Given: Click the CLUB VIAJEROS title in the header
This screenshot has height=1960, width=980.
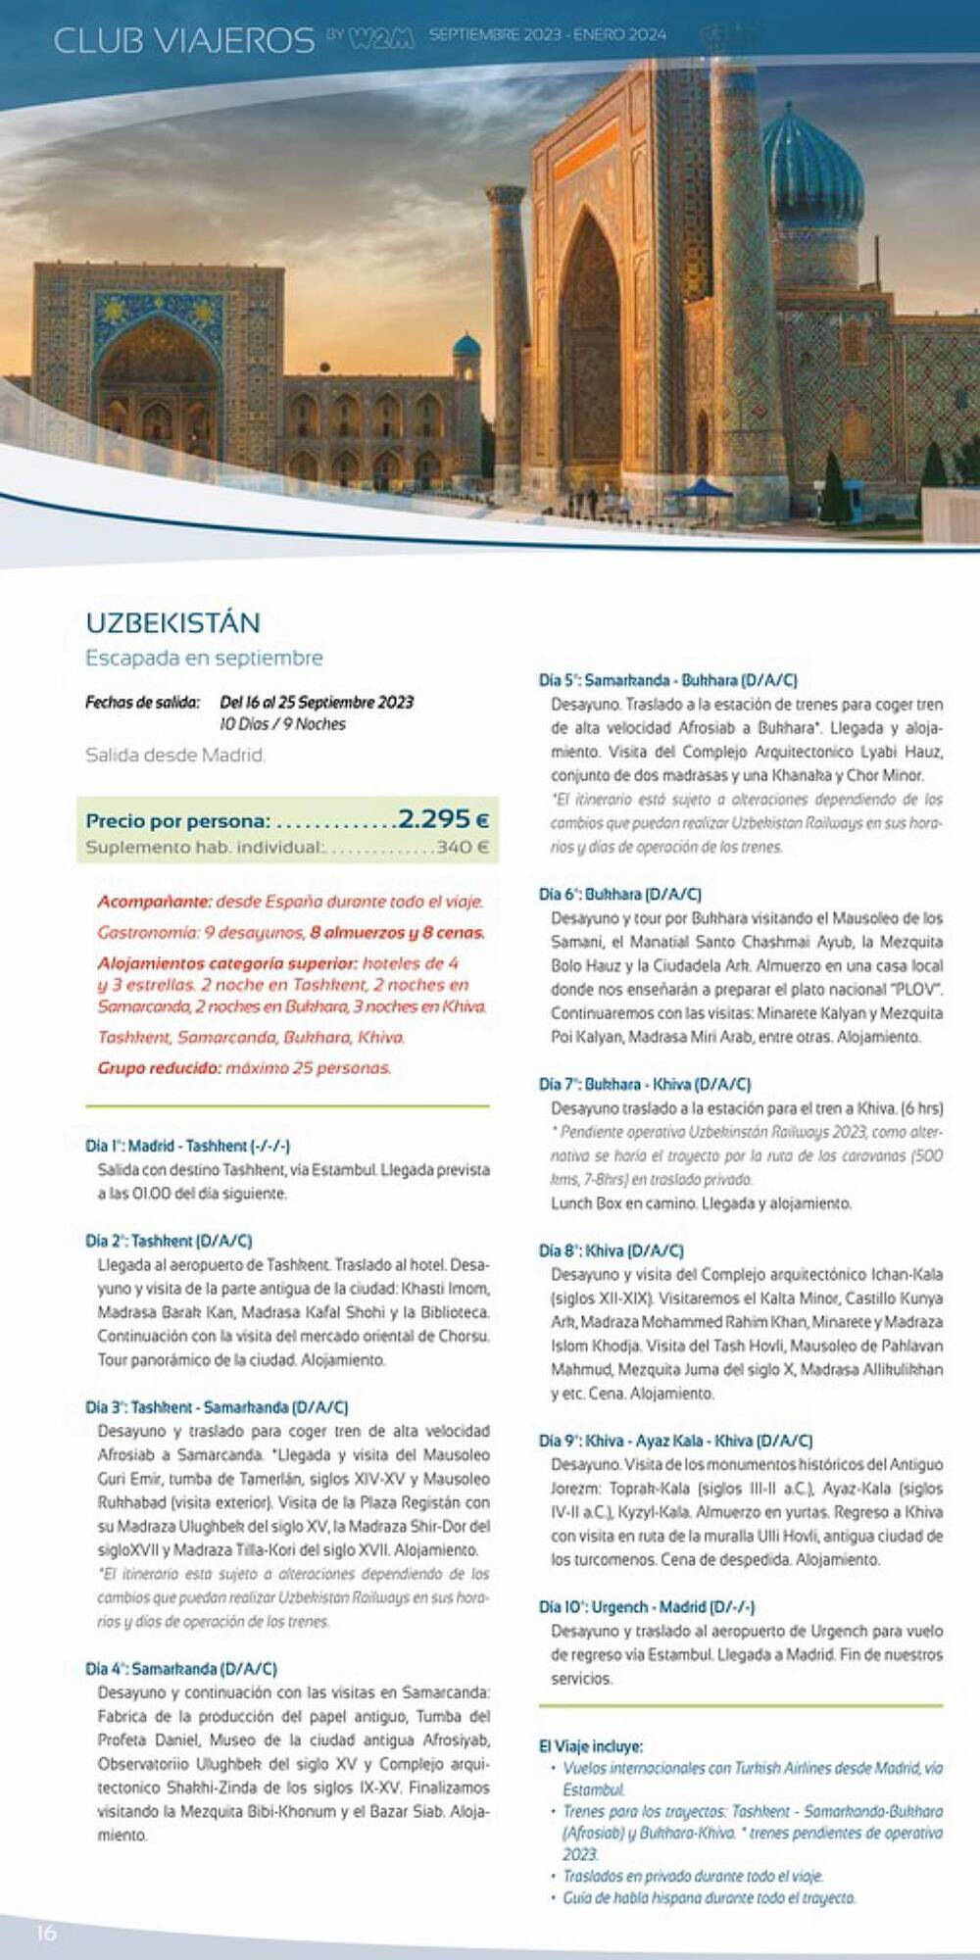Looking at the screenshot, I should pyautogui.click(x=183, y=40).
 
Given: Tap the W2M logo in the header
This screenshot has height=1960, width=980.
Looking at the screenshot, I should pyautogui.click(x=381, y=37).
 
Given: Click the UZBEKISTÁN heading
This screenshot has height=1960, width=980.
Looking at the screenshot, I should pyautogui.click(x=173, y=623).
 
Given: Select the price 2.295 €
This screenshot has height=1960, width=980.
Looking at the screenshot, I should pyautogui.click(x=443, y=819).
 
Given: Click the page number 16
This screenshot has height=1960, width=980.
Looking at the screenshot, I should pyautogui.click(x=46, y=1933).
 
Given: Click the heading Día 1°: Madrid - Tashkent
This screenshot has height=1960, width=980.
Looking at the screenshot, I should pyautogui.click(x=187, y=1146).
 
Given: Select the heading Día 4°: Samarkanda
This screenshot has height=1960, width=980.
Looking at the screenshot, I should pyautogui.click(x=181, y=1669).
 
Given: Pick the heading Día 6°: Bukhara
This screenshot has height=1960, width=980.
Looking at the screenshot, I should pyautogui.click(x=619, y=894).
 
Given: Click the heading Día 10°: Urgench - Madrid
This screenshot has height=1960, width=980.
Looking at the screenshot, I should pyautogui.click(x=647, y=1607).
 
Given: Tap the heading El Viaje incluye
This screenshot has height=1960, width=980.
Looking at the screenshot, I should pyautogui.click(x=591, y=1746).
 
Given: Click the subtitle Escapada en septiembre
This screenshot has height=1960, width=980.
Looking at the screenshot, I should pyautogui.click(x=204, y=658).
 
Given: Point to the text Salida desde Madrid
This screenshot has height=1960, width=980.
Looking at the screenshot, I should pyautogui.click(x=174, y=756).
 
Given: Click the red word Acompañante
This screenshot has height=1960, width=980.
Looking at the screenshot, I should pyautogui.click(x=154, y=902).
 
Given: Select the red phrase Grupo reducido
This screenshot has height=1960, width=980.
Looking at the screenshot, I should pyautogui.click(x=159, y=1068).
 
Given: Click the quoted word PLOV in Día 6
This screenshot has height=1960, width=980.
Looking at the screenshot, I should pyautogui.click(x=916, y=990).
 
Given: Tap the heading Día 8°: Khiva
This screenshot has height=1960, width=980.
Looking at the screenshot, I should pyautogui.click(x=612, y=1250).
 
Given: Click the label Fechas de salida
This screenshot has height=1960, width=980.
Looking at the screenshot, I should pyautogui.click(x=143, y=703).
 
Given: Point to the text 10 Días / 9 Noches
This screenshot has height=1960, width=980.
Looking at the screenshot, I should pyautogui.click(x=282, y=724).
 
